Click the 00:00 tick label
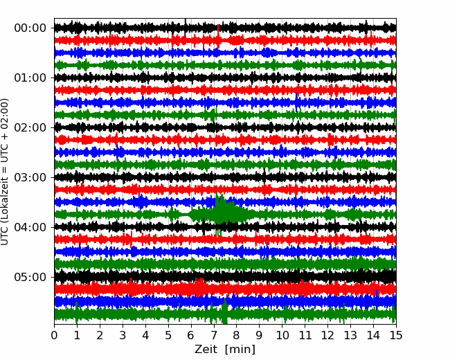coord(30,28)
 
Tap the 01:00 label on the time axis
coord(30,78)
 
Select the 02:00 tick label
coord(30,127)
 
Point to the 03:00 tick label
coord(30,177)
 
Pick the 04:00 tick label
coord(30,227)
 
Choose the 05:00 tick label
coord(30,277)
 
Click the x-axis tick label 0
coord(54,335)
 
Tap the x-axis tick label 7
coord(214,335)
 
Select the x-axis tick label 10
coord(282,335)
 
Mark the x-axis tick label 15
coord(396,335)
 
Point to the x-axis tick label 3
coord(123,335)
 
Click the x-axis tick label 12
coord(327,335)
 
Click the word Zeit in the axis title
coord(206,349)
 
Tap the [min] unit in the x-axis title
coord(240,350)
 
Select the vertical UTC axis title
coord(4,172)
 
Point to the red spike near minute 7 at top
coord(218,37)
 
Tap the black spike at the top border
coord(186,24)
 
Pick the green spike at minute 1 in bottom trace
coord(76,312)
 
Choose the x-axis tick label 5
coord(168,335)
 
